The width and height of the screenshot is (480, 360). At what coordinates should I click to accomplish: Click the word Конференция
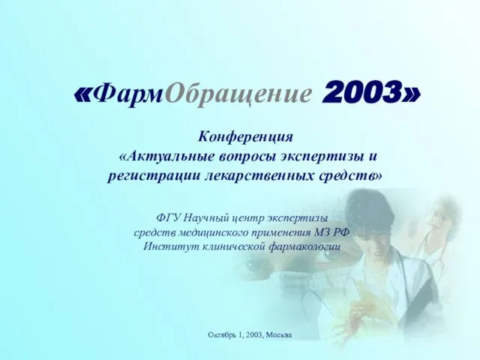245,136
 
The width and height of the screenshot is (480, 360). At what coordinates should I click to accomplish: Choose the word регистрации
154,177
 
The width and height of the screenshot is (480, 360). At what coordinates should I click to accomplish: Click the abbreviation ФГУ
168,218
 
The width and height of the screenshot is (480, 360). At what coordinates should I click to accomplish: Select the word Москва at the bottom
279,335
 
